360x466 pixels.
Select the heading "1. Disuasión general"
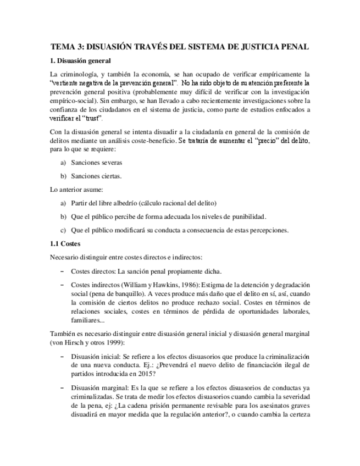pyautogui.click(x=80, y=60)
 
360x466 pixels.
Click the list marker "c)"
pyautogui.click(x=63, y=230)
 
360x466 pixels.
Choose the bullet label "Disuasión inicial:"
pyautogui.click(x=99, y=356)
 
